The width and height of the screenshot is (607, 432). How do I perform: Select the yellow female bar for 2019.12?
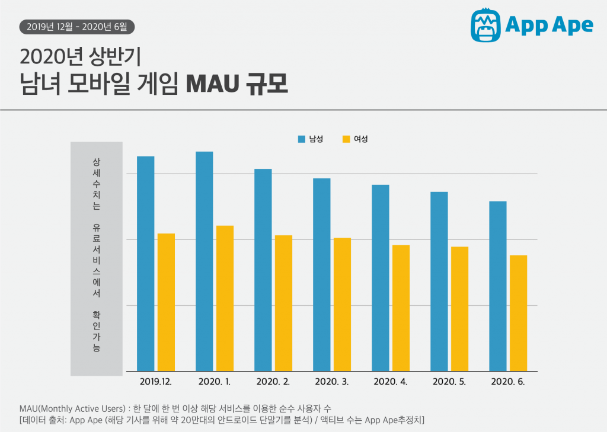[x=166, y=302]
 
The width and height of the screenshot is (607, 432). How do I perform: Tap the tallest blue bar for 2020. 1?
[x=204, y=261]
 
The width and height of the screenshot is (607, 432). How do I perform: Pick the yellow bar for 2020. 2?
[x=283, y=303]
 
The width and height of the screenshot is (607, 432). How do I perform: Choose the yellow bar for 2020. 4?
[x=401, y=308]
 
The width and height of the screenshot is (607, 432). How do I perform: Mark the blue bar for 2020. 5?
[x=439, y=281]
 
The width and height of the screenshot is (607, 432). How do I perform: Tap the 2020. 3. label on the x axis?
[x=332, y=382]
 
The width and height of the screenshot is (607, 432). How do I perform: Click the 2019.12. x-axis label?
[x=156, y=382]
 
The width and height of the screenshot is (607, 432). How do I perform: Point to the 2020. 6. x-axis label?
[x=508, y=382]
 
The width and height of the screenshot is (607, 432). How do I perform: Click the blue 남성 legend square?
[x=301, y=139]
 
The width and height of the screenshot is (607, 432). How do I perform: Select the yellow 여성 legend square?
[x=346, y=139]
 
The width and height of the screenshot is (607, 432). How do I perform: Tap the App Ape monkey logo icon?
[x=485, y=25]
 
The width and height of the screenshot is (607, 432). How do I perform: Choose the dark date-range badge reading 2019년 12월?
[x=77, y=26]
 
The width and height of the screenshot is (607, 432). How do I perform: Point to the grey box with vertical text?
[x=96, y=258]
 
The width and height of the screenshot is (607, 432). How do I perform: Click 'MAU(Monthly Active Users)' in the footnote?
[x=72, y=409]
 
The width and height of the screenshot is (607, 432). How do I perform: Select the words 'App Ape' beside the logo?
[x=549, y=25]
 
